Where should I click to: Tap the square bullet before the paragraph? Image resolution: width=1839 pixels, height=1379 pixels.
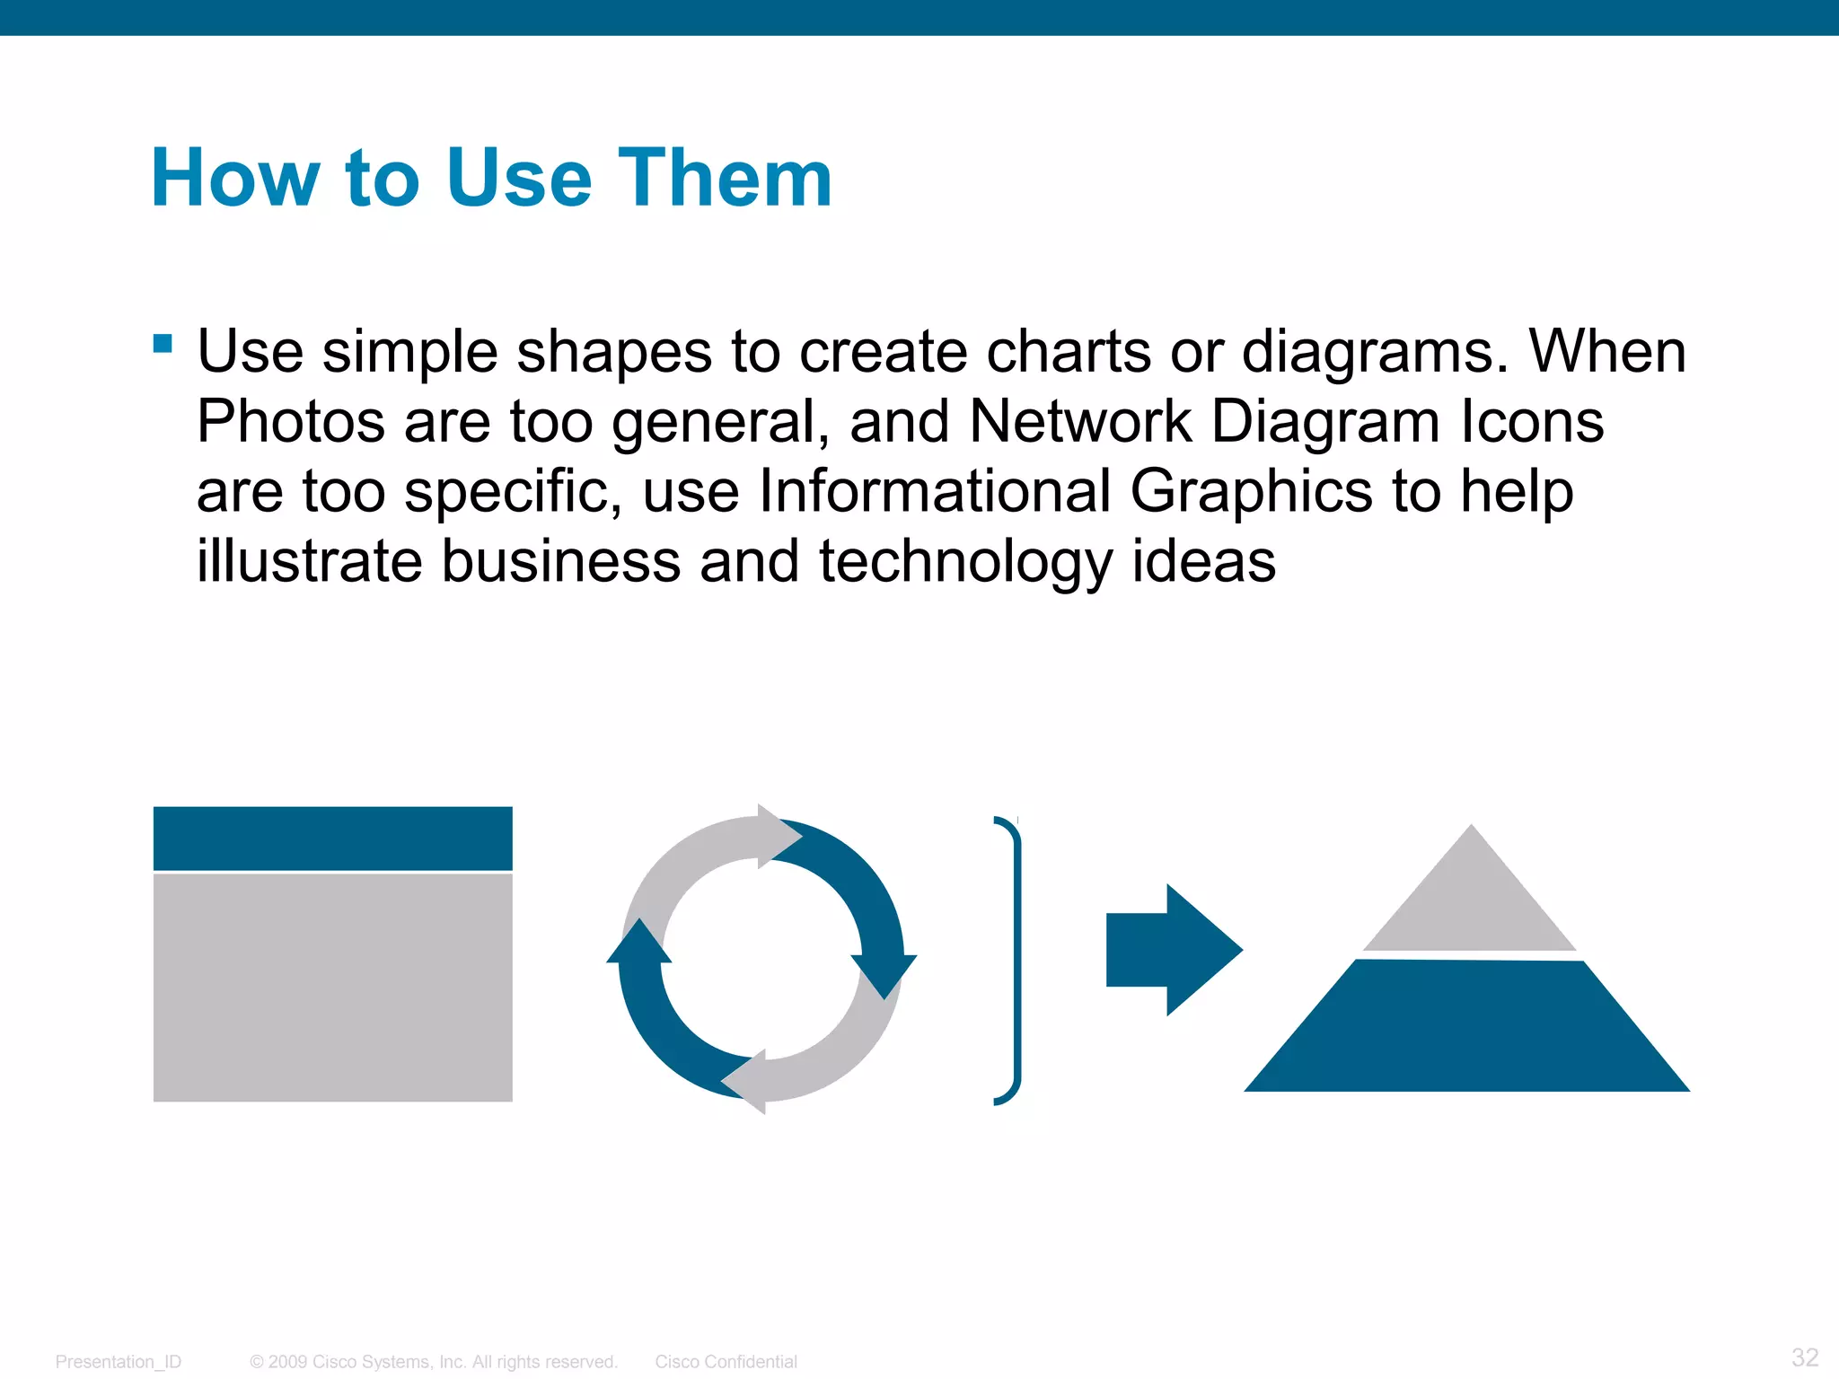(163, 343)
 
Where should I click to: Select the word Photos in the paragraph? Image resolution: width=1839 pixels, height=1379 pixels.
(290, 421)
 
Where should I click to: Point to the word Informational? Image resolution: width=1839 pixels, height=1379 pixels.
(935, 491)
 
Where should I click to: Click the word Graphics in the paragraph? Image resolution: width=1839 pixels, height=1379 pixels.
(1251, 491)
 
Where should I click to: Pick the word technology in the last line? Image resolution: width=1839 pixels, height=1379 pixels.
(965, 562)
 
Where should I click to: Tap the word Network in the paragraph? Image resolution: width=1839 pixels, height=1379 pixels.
(1080, 421)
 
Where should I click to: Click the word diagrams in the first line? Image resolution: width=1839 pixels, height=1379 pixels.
(1374, 351)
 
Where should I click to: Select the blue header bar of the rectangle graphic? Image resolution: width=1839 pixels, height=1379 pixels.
(332, 838)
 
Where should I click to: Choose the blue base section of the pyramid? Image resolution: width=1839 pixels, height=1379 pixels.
(1467, 1028)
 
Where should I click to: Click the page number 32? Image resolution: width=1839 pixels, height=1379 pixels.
(1804, 1357)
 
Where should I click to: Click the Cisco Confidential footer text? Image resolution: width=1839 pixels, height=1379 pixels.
(726, 1361)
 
